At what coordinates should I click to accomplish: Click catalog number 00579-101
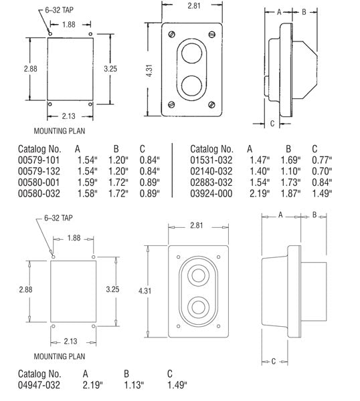pos(39,160)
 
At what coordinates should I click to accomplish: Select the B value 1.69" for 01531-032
pos(290,160)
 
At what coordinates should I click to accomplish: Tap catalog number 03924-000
pos(211,193)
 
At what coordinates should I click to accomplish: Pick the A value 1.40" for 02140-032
pos(260,171)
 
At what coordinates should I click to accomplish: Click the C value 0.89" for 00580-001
pos(150,182)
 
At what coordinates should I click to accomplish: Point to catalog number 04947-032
pos(39,385)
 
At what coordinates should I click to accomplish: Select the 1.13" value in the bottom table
pos(134,385)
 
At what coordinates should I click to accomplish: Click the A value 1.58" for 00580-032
pos(88,193)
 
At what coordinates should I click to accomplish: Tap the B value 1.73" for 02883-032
pos(290,182)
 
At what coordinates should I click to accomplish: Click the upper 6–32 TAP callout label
pos(59,10)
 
